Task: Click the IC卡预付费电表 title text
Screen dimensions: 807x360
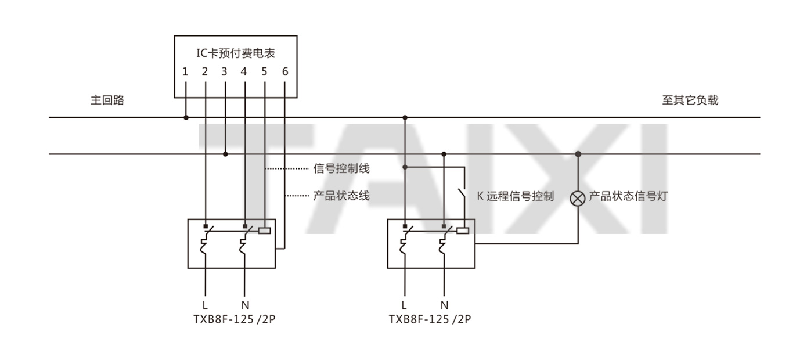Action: pos(236,53)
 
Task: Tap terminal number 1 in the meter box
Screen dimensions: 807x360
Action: pos(185,72)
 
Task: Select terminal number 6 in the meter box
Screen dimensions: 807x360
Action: pos(285,72)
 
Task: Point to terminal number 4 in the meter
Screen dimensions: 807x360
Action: pos(244,72)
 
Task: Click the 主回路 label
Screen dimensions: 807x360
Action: pos(107,100)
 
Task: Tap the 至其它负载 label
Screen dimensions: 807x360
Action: pos(690,100)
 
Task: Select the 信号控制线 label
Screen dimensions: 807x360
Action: pos(341,168)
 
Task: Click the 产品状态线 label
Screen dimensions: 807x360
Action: pos(341,196)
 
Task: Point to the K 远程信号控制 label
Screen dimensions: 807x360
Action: pos(516,196)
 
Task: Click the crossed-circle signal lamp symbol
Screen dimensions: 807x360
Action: pos(578,198)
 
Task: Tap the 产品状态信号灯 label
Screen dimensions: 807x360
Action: pos(628,196)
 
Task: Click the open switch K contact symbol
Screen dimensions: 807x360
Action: pos(461,195)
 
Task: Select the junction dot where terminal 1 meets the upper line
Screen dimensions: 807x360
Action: pos(186,117)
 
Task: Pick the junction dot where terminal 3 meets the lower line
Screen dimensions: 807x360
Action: pos(225,154)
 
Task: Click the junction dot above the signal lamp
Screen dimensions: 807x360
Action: pos(578,154)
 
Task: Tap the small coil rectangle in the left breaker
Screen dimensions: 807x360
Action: pos(264,231)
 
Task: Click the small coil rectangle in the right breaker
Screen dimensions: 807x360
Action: pos(463,231)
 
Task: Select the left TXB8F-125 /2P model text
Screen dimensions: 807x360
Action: pos(235,319)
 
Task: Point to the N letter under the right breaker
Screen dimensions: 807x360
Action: pos(445,305)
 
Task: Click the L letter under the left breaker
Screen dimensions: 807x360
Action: pos(204,305)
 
